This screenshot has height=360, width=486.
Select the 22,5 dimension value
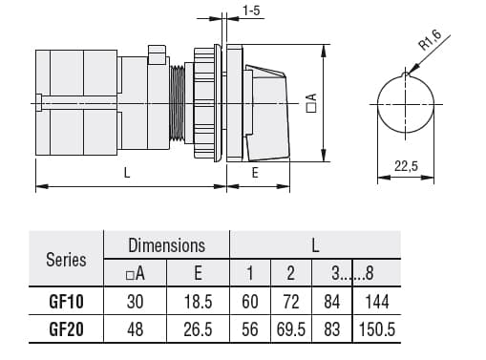point(406,166)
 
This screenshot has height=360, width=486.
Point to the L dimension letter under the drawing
point(126,173)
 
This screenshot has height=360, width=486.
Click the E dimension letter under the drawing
point(255,173)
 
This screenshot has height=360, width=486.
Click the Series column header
point(66,259)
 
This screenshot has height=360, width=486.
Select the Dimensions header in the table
point(166,245)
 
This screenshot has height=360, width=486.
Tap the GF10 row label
point(66,302)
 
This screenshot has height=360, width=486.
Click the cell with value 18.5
point(198,302)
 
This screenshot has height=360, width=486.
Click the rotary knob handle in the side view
point(271,112)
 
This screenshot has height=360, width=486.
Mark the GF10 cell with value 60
point(250,302)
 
